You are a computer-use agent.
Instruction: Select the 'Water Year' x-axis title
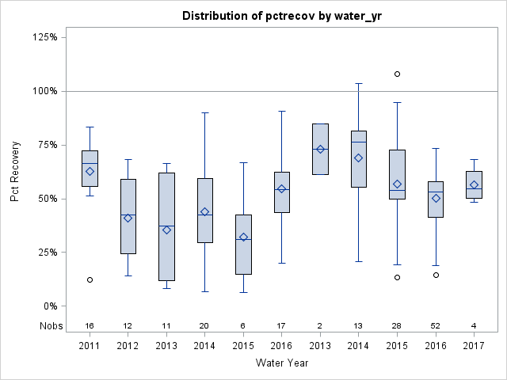pyautogui.click(x=282, y=363)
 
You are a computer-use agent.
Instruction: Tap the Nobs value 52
pyautogui.click(x=436, y=325)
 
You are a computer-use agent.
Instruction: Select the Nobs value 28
pyautogui.click(x=397, y=325)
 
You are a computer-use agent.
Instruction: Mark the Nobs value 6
pyautogui.click(x=243, y=325)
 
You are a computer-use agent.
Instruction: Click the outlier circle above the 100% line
pyautogui.click(x=397, y=74)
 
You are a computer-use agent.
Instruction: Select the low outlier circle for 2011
pyautogui.click(x=90, y=279)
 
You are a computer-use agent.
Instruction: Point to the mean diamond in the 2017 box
pyautogui.click(x=474, y=184)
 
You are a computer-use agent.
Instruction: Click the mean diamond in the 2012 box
pyautogui.click(x=128, y=218)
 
